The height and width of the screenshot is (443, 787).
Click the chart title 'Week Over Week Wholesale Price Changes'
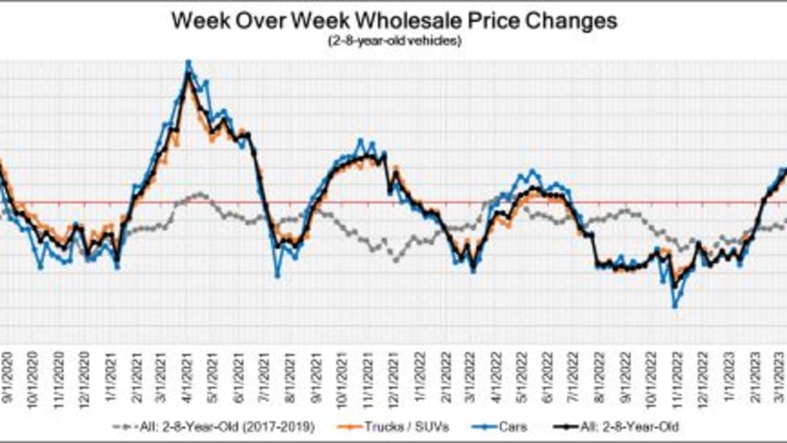pos(393,22)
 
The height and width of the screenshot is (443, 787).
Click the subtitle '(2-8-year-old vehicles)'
pos(393,41)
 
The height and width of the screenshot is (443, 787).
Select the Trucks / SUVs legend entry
pos(414,425)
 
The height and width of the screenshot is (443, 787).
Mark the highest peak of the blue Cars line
pos(188,62)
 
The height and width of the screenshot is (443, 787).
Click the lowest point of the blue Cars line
pos(675,307)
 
